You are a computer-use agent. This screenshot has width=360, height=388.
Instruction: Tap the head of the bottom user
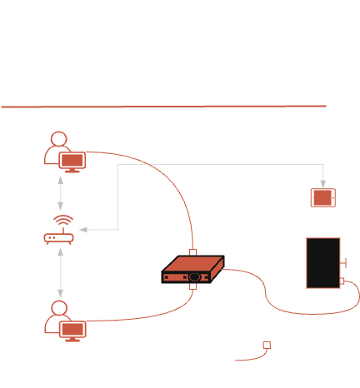[x=57, y=310]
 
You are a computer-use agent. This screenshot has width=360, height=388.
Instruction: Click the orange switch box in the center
[x=193, y=268]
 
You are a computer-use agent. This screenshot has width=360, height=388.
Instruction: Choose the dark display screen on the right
[x=322, y=263]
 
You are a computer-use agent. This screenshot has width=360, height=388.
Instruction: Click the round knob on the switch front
[x=194, y=276]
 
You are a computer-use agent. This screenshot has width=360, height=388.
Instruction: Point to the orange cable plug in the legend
[x=266, y=343]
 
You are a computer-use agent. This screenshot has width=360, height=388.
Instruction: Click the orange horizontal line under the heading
[x=164, y=107]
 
